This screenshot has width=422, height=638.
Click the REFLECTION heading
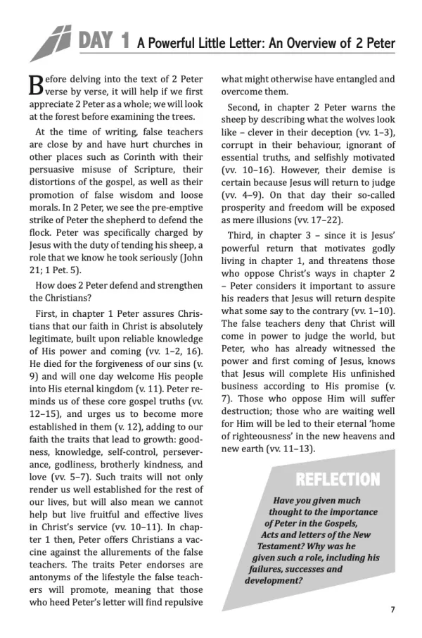click(x=337, y=480)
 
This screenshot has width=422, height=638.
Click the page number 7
click(x=393, y=610)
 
